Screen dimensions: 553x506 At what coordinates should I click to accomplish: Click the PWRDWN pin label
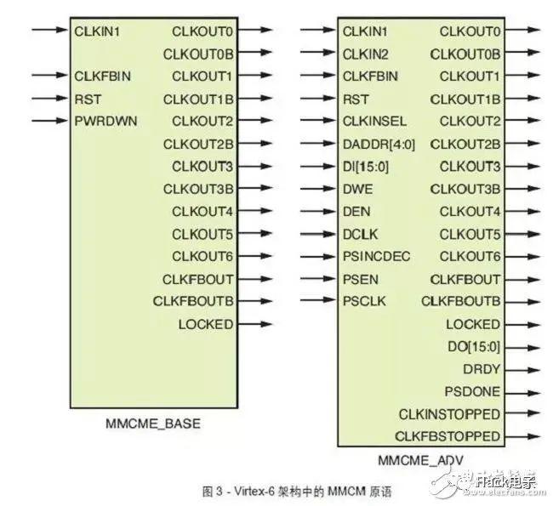(105, 122)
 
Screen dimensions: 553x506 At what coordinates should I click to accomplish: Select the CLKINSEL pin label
(374, 122)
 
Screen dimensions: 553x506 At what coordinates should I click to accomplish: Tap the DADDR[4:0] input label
(379, 145)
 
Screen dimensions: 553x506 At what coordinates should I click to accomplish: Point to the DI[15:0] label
(366, 167)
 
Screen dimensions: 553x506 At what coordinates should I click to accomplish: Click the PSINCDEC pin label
(376, 256)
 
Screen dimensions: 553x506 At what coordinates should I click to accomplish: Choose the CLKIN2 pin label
(365, 54)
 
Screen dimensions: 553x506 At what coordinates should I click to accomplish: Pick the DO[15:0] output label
(474, 347)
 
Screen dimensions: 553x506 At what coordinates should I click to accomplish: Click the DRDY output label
(482, 369)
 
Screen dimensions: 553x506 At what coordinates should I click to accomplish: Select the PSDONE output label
(472, 391)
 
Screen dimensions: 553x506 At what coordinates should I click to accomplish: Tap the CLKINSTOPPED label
(449, 414)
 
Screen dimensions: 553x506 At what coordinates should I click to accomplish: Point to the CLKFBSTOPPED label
(448, 436)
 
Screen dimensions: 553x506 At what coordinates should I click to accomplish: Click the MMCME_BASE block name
(153, 424)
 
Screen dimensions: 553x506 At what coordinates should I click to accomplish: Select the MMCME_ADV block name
(420, 460)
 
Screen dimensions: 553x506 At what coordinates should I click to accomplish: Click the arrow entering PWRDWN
(49, 121)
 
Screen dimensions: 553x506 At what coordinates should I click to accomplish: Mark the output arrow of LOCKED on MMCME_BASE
(255, 324)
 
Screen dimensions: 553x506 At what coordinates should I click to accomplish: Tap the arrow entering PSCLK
(318, 300)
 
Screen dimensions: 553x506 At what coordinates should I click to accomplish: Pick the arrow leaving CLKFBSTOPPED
(522, 436)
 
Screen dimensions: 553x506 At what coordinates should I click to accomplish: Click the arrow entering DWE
(318, 189)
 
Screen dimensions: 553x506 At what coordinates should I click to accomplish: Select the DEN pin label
(356, 212)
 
